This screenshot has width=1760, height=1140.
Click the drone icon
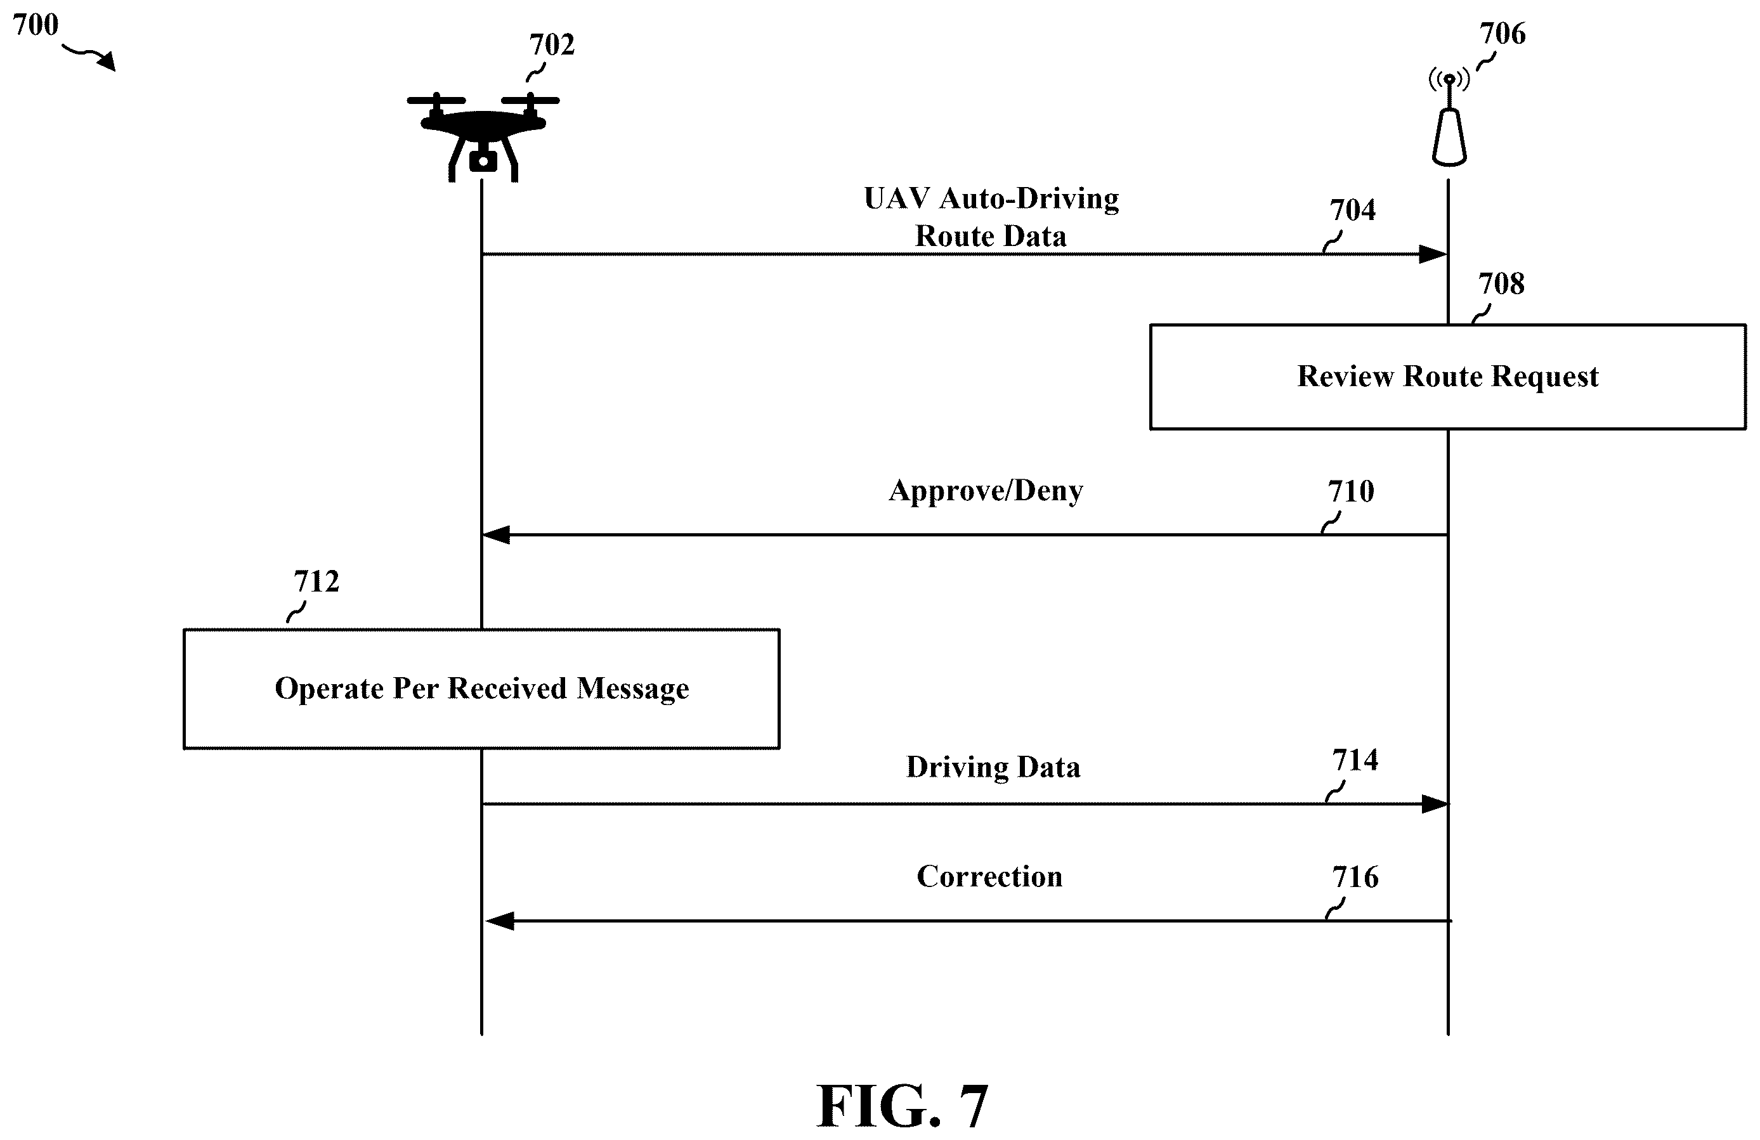(483, 137)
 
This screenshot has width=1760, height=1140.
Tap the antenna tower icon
(1449, 119)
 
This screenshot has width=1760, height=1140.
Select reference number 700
(36, 25)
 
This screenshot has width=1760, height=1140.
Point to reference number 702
(552, 45)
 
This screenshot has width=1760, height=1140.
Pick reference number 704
(1353, 211)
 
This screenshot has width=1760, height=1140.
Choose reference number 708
(1501, 284)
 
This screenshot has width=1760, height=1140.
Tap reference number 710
(1351, 491)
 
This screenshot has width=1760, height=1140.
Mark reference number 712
(316, 582)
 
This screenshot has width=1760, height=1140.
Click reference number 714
(1355, 760)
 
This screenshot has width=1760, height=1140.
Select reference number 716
(1355, 878)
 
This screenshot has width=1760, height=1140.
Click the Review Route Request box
(1448, 377)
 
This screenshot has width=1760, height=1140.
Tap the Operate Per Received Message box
(481, 689)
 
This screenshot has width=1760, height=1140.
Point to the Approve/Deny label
(986, 491)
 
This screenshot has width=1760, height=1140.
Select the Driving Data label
(993, 767)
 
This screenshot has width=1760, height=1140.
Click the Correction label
(989, 877)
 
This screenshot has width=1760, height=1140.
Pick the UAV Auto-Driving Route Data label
(991, 217)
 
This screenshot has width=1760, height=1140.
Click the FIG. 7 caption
(902, 1106)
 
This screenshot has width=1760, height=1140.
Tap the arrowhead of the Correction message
(499, 921)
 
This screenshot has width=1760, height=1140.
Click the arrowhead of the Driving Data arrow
(1435, 803)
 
